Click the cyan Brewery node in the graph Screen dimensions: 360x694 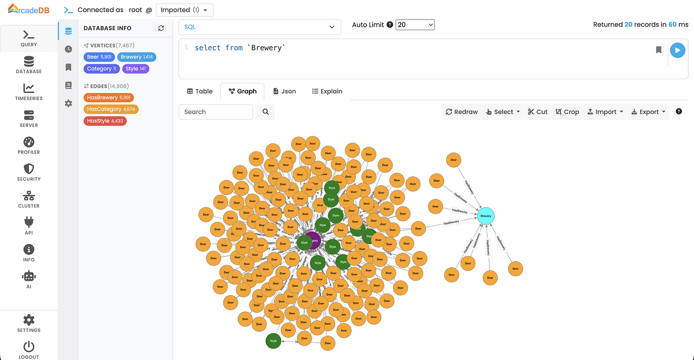(486, 216)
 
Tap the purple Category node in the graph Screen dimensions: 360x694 (314, 240)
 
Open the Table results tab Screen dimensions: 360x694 (200, 91)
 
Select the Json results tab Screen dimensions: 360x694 (284, 91)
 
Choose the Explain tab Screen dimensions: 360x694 (327, 91)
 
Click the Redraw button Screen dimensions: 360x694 (461, 112)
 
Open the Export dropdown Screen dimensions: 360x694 (648, 112)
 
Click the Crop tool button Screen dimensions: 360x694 (567, 112)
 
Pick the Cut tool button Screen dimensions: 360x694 (537, 112)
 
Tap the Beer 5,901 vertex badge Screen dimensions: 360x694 (99, 57)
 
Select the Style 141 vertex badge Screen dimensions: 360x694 (135, 69)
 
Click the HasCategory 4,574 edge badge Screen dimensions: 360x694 (111, 109)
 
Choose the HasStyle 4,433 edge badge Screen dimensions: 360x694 (105, 121)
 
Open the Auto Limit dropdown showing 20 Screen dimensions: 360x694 (415, 24)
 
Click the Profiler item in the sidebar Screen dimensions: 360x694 (29, 145)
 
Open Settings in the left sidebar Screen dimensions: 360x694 (29, 323)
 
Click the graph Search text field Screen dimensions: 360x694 (215, 112)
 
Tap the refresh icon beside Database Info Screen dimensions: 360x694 (161, 28)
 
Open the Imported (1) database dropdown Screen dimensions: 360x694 (184, 10)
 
